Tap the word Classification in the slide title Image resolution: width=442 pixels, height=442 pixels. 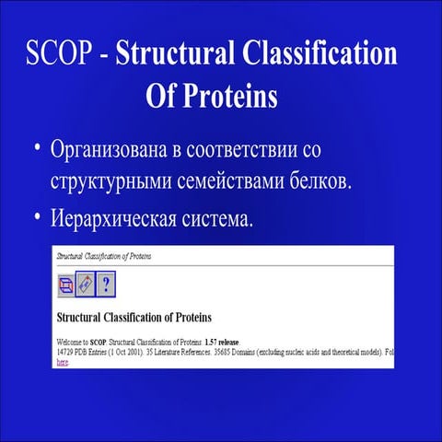(x=320, y=54)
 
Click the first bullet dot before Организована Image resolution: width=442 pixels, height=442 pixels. (x=37, y=147)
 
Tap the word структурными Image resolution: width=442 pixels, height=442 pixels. (x=109, y=180)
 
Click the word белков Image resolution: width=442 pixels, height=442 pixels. (x=319, y=180)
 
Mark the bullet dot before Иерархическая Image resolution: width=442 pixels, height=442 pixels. (x=37, y=218)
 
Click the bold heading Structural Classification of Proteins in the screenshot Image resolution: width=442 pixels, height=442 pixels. (x=134, y=318)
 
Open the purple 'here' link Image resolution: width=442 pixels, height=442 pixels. (x=63, y=362)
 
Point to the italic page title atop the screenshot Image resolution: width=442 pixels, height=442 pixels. (x=104, y=254)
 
